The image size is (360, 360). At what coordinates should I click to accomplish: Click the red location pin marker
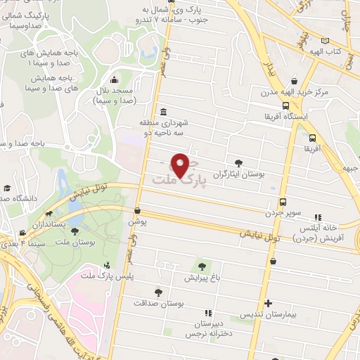pos(181,165)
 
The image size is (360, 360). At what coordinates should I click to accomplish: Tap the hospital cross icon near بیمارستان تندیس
pos(267,304)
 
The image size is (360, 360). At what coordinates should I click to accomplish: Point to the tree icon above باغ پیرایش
pos(202,266)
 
